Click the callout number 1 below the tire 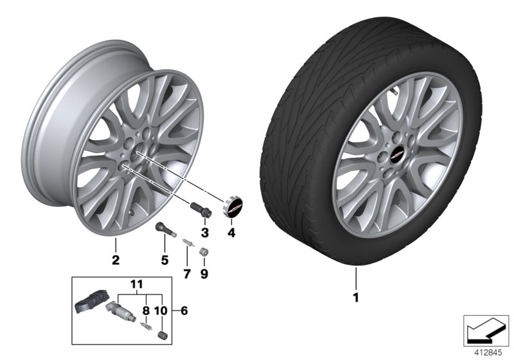tap(355, 298)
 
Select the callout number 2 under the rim tap(116, 260)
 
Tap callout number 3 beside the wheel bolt tap(204, 231)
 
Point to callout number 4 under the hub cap tap(231, 233)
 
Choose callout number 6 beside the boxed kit tap(185, 311)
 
